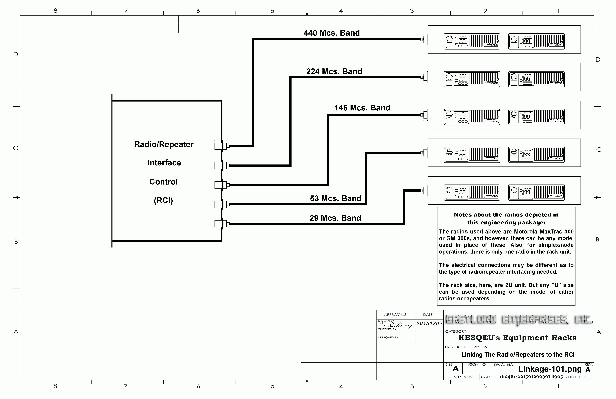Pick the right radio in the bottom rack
(536, 192)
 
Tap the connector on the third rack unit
(425, 115)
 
